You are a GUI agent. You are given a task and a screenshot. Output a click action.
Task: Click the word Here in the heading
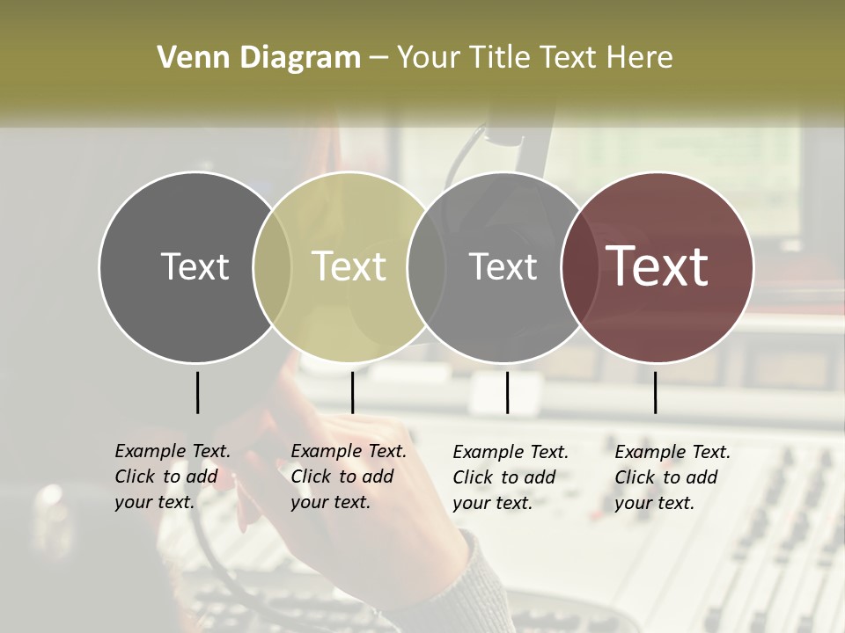[640, 58]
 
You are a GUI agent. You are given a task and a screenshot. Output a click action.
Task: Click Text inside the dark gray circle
[195, 266]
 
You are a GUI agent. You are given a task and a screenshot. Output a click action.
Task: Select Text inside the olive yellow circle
[349, 266]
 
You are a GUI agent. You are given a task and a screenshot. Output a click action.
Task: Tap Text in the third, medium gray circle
[503, 266]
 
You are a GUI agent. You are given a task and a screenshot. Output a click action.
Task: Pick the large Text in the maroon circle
[658, 266]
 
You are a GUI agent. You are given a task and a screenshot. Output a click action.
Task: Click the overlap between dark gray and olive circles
[272, 267]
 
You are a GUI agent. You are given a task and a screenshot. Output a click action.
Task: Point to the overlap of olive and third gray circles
[426, 267]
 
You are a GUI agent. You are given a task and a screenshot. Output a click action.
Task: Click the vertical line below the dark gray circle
[197, 392]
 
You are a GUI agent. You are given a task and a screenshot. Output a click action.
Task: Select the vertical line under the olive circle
[352, 392]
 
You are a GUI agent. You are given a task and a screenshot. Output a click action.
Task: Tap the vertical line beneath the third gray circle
[507, 392]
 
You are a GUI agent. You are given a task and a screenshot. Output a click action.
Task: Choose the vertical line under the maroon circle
[655, 392]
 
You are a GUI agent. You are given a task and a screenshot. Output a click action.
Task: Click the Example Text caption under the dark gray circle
[173, 477]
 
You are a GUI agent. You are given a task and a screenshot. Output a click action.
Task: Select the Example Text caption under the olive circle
[349, 477]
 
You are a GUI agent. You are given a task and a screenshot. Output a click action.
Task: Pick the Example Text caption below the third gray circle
[511, 477]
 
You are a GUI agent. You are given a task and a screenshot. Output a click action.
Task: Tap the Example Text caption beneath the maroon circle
[672, 477]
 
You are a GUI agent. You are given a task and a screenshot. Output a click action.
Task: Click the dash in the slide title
[378, 59]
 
